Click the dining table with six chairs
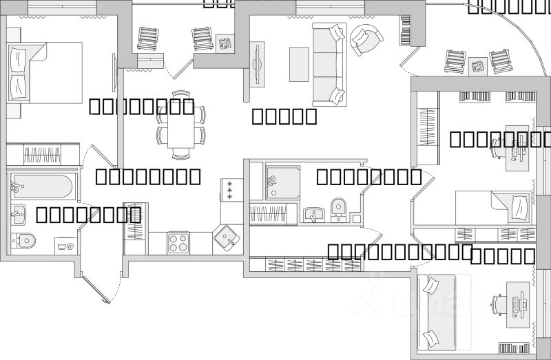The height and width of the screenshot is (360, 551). pos(181,125)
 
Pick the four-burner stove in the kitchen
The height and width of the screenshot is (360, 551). pos(178,243)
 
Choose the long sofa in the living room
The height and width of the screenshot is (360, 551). pos(328,63)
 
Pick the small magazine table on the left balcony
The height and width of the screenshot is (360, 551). pos(225,43)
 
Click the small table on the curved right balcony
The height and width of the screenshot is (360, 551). pos(478,67)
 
